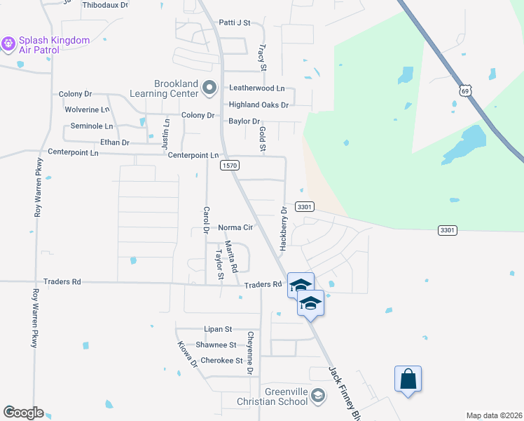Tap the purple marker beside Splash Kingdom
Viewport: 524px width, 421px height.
[8, 44]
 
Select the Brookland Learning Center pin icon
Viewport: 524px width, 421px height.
[209, 88]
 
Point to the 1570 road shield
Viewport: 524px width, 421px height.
[230, 166]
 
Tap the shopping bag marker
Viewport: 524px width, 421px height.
[408, 380]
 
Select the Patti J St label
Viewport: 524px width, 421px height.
[235, 22]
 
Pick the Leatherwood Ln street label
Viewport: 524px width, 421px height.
[257, 88]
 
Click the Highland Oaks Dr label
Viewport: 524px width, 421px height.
[259, 105]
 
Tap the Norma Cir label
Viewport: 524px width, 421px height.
[235, 227]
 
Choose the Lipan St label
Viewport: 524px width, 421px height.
[218, 328]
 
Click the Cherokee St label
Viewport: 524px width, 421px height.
[221, 361]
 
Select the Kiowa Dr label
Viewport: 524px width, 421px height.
[188, 355]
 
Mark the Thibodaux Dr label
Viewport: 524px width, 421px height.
[105, 5]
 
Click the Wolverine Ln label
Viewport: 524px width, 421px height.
[88, 110]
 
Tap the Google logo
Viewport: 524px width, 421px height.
[23, 413]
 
